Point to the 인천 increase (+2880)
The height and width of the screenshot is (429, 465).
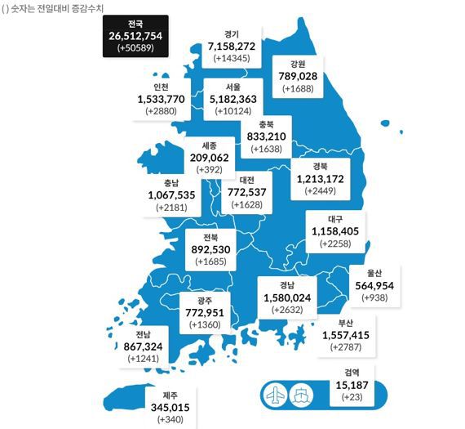(161, 110)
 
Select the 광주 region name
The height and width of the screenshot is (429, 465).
(204, 300)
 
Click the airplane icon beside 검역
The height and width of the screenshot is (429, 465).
(274, 394)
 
